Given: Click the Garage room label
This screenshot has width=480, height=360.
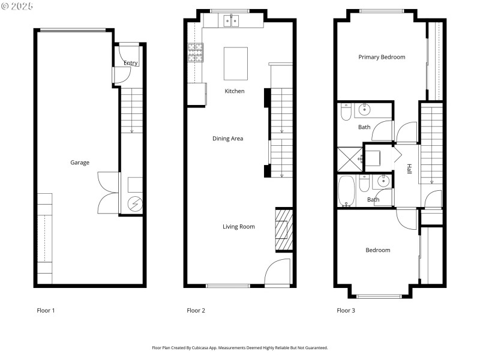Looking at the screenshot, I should [80, 163].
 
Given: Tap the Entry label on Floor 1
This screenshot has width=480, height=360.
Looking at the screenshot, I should [130, 63].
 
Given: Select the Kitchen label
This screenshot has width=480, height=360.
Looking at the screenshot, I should [235, 91].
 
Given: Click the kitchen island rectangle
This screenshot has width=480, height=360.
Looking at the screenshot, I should [236, 64].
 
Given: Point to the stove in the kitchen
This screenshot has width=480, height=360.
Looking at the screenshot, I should [196, 53].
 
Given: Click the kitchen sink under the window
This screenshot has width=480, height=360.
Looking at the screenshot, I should [232, 22].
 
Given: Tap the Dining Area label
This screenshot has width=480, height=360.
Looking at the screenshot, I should [227, 139].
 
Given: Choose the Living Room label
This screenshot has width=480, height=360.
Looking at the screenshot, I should [239, 227].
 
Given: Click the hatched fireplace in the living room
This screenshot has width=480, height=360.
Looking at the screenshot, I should [283, 229].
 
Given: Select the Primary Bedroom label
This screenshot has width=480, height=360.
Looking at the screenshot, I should [382, 58].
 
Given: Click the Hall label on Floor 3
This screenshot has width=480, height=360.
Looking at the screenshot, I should [409, 169].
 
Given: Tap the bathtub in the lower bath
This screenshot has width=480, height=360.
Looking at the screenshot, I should [347, 191].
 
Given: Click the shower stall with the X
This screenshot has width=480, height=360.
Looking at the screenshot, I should [350, 158].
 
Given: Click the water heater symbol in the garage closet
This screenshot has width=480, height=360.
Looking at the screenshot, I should [134, 204].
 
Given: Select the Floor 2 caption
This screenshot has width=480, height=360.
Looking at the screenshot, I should [196, 311].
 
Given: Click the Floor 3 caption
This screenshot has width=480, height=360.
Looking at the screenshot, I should [346, 311].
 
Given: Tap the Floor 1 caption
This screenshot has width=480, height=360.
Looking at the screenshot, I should [46, 311].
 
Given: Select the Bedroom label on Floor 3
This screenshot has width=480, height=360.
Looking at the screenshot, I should [378, 250].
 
